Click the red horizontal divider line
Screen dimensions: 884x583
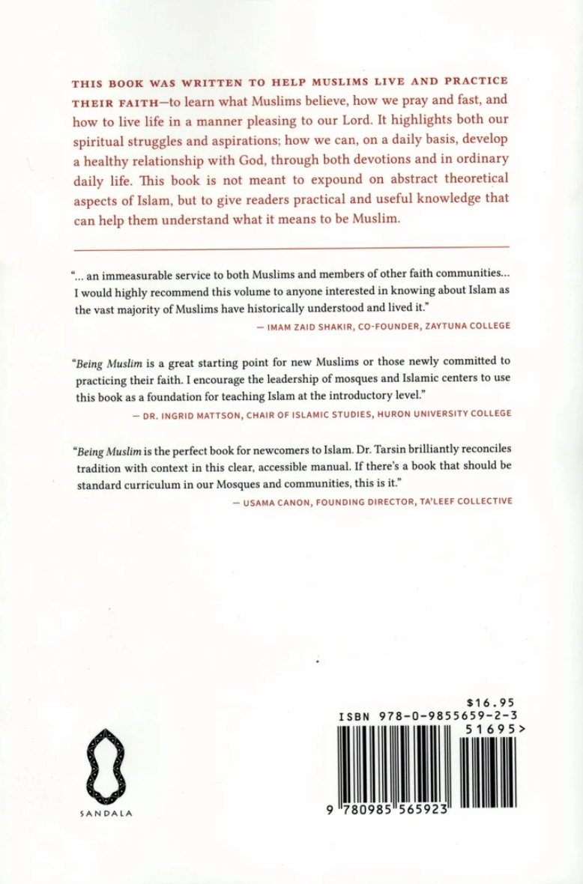tap(291, 246)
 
